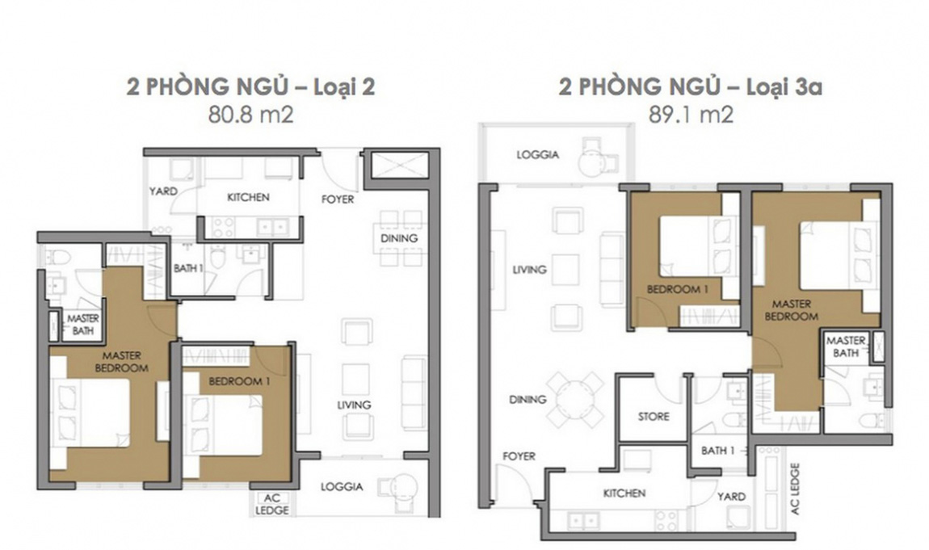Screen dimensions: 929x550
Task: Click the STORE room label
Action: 654,416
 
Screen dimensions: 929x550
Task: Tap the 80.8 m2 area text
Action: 250,114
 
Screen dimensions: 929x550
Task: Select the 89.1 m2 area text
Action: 690,114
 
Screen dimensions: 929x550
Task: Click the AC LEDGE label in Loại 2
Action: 272,505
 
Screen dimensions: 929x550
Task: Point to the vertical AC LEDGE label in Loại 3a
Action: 795,489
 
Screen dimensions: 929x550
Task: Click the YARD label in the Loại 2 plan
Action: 163,191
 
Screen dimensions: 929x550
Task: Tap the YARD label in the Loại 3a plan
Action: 731,497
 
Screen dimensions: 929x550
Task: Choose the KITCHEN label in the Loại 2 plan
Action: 248,197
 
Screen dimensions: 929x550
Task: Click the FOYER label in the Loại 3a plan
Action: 519,456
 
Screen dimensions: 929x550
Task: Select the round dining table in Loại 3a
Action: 574,401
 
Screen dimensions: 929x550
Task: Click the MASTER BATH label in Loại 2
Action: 83,325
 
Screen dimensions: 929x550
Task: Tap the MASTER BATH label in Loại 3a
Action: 846,346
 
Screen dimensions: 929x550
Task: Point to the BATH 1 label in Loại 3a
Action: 717,451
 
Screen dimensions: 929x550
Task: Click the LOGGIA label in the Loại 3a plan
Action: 537,155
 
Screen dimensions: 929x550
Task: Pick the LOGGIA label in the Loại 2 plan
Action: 342,487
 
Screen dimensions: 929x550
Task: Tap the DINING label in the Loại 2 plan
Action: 399,238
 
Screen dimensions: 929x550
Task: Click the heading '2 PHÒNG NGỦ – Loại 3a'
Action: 690,86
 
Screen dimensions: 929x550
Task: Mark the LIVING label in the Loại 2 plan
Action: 354,405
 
